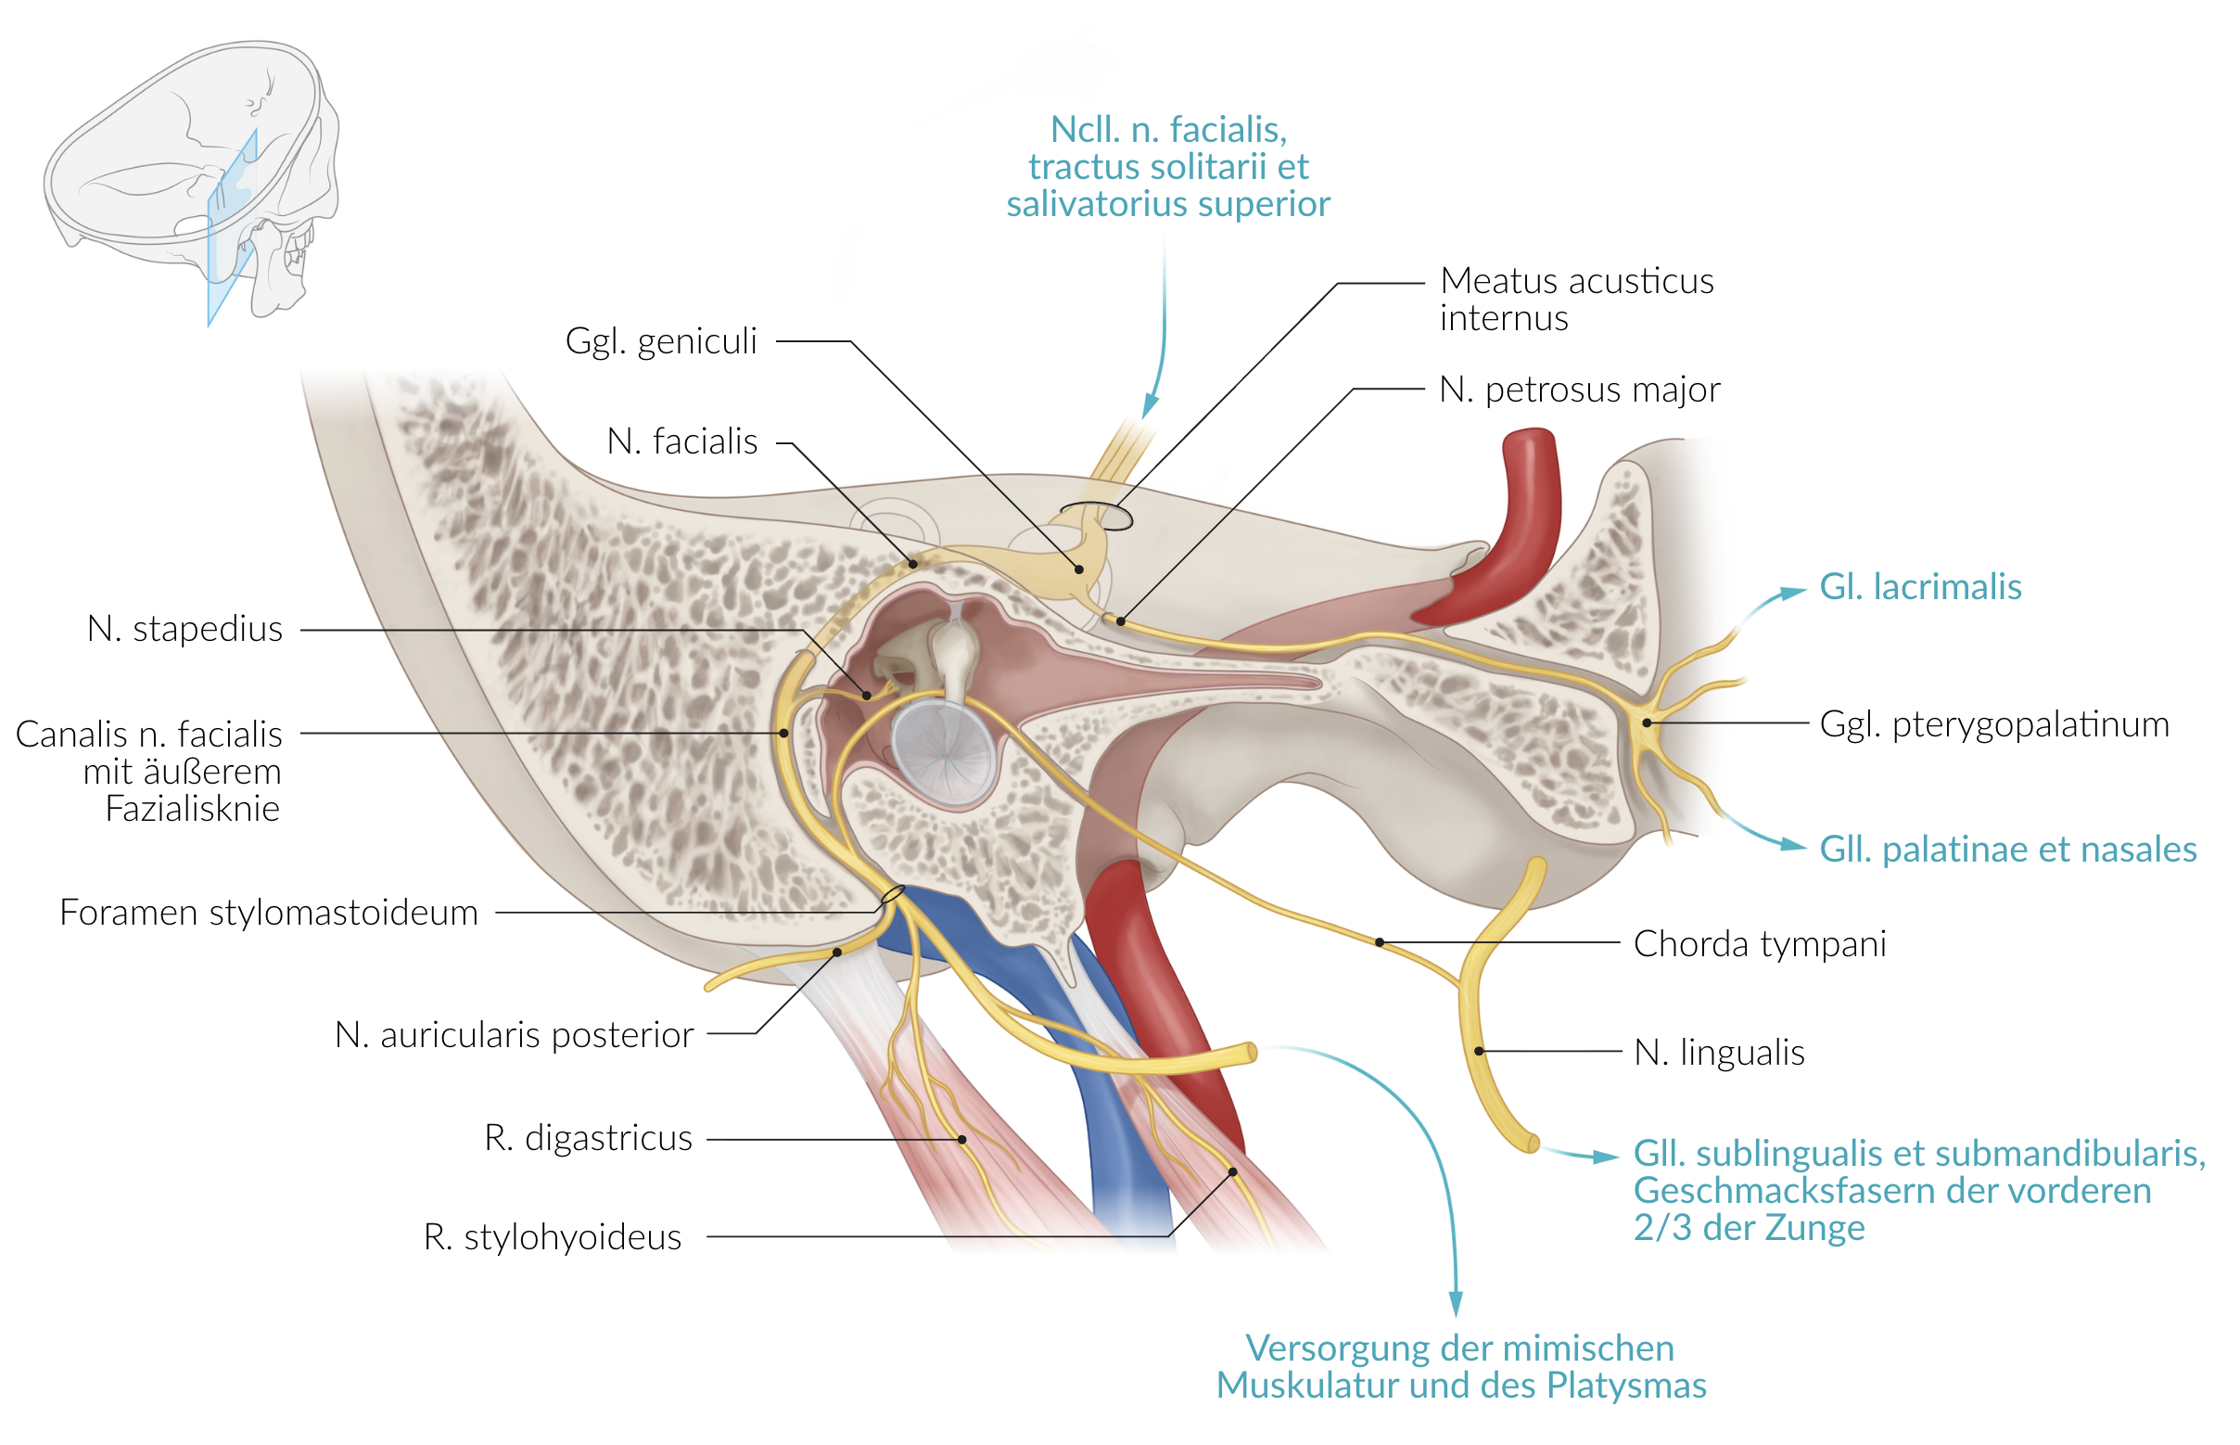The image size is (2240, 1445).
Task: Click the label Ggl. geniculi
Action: [x=660, y=341]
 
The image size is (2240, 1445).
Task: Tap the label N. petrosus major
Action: [x=1579, y=389]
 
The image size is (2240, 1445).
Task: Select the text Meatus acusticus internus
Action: [x=1576, y=299]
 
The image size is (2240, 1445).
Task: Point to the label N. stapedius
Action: [x=185, y=629]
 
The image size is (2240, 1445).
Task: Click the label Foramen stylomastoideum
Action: [x=268, y=912]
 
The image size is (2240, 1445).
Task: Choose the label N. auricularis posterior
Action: [x=514, y=1034]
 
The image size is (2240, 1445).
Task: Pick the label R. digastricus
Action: [x=588, y=1137]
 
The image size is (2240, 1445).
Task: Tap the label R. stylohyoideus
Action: [x=553, y=1236]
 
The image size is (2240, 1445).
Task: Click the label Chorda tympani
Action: [x=1759, y=943]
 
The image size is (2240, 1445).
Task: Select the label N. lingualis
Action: [x=1718, y=1052]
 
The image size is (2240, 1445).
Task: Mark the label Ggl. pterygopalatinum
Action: [x=1993, y=723]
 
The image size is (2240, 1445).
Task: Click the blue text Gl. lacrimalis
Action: [x=1919, y=586]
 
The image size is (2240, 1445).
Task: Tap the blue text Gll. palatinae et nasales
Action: [x=2007, y=849]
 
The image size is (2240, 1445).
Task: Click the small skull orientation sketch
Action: [x=192, y=178]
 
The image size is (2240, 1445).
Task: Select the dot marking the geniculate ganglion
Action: [x=1078, y=569]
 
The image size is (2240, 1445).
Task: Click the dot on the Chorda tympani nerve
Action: [x=1379, y=942]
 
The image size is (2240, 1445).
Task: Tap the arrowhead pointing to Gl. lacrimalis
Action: [x=1792, y=592]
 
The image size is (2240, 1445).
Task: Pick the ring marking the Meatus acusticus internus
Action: [x=1096, y=515]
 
